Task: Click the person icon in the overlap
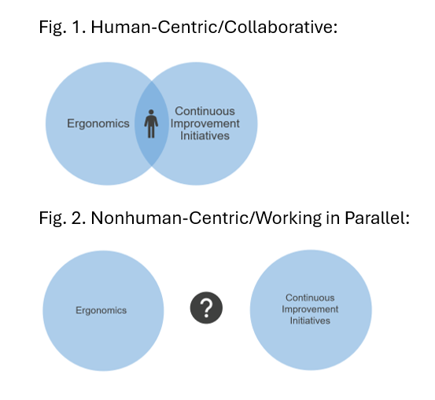click(151, 123)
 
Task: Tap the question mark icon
click(206, 308)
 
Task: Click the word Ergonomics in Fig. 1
click(98, 123)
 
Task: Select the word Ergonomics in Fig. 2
click(101, 310)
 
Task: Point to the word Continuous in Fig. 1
click(205, 111)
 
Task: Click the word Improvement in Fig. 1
click(205, 123)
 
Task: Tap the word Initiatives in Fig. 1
click(205, 136)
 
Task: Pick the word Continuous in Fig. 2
click(310, 298)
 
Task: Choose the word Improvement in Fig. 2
click(310, 309)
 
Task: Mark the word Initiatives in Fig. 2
click(310, 321)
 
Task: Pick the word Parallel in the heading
click(377, 218)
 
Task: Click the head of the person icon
click(151, 112)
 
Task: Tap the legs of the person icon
click(151, 131)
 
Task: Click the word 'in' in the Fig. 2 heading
click(334, 218)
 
